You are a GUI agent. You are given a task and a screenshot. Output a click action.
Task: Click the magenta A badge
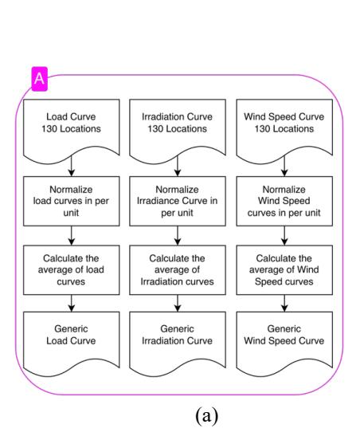coord(40,79)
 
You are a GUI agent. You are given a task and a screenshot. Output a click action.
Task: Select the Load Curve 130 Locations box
coord(72,129)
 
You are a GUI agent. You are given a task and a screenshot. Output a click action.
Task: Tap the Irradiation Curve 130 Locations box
coord(178,129)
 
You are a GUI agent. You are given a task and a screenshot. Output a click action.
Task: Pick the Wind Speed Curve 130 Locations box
coord(284,129)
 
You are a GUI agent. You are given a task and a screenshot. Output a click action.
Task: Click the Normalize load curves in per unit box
coord(72,201)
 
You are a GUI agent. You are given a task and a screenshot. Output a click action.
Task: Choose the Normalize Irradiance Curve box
coord(178,201)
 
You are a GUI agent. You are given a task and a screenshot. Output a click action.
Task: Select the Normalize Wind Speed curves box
coord(284,201)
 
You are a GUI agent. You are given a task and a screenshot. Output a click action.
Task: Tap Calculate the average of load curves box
coord(72,270)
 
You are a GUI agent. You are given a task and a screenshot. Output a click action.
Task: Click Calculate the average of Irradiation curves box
coord(178,270)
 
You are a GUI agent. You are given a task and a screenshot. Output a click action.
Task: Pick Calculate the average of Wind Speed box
coord(284,270)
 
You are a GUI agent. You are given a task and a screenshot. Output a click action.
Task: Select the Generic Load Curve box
coord(72,341)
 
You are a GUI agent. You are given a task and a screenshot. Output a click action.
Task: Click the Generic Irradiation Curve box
coord(178,341)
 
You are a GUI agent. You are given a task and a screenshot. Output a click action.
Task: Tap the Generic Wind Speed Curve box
coord(284,341)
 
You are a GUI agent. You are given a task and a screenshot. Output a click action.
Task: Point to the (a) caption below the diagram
coord(206,416)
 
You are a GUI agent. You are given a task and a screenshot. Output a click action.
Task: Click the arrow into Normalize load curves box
coord(72,166)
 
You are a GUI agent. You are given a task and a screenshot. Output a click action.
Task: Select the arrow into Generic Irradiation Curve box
coord(178,304)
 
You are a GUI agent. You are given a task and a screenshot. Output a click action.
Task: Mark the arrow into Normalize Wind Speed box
coord(284,166)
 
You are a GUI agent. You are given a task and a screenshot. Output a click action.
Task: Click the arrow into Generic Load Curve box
coord(72,304)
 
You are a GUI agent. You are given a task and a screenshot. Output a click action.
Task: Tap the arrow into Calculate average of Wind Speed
coord(284,236)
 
